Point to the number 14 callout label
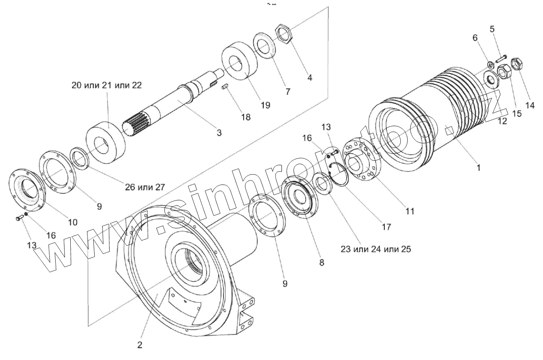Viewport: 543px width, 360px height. coord(530,106)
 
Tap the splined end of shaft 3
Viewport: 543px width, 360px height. coord(135,123)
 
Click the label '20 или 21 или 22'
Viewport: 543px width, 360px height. coord(106,85)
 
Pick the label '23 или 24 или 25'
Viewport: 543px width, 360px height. coord(376,249)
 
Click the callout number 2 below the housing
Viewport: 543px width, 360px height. coord(140,345)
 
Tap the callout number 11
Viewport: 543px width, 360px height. coord(409,211)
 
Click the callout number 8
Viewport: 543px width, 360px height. coord(321,262)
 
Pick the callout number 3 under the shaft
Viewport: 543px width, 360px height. coord(219,133)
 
